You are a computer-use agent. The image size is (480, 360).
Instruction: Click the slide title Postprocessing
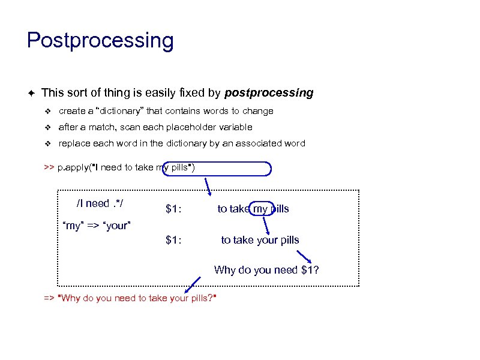click(x=100, y=41)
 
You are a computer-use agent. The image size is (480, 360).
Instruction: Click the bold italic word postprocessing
click(x=269, y=93)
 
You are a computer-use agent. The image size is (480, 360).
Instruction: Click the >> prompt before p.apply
click(x=49, y=167)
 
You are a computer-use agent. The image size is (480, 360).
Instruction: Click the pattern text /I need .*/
click(x=100, y=203)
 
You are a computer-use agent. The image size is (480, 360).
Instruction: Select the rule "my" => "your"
click(x=97, y=226)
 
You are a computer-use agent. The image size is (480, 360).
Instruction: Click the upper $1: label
click(x=174, y=209)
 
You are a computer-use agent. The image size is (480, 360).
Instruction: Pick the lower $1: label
click(x=174, y=241)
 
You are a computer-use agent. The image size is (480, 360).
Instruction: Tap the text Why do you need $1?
click(x=266, y=270)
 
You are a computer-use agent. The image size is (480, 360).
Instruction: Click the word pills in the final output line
click(x=196, y=298)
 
